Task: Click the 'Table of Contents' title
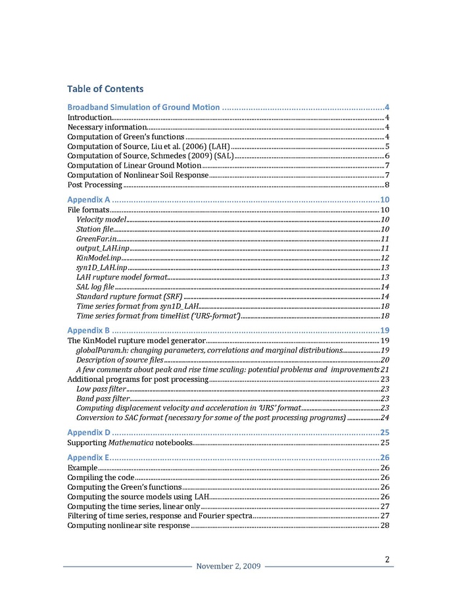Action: pos(105,89)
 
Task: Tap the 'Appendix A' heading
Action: pos(89,199)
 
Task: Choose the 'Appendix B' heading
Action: pos(89,329)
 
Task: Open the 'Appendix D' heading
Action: pos(89,432)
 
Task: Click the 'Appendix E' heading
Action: pos(88,458)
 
